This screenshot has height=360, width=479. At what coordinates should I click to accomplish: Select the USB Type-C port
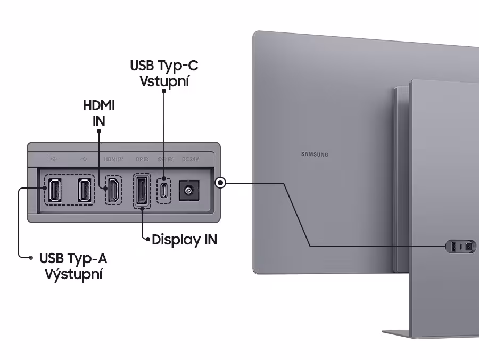tap(164, 190)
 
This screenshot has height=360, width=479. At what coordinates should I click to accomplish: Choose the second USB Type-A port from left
tap(84, 191)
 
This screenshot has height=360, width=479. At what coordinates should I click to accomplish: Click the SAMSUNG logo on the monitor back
tap(315, 154)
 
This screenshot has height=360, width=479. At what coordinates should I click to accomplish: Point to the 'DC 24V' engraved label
tap(190, 158)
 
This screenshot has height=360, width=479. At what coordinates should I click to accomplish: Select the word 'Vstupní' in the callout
tap(164, 82)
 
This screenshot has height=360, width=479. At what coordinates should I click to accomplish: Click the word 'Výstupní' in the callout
tap(74, 275)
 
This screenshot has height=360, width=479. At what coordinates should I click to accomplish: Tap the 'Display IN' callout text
tap(184, 240)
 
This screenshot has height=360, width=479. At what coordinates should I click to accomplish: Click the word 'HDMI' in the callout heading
tap(99, 105)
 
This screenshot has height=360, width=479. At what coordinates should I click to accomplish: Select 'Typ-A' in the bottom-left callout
tap(88, 259)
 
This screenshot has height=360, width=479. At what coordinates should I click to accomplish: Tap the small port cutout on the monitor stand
tap(460, 247)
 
